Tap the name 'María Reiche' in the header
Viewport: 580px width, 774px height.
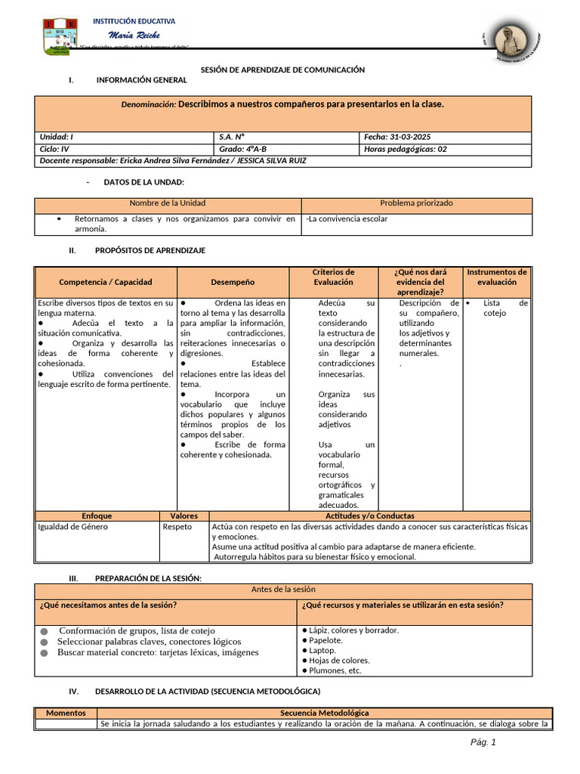pyautogui.click(x=134, y=36)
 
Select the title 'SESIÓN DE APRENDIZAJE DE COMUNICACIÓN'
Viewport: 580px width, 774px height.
pyautogui.click(x=282, y=70)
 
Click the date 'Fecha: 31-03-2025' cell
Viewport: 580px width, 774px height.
pyautogui.click(x=397, y=137)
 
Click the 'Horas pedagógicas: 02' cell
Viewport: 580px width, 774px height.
pyautogui.click(x=406, y=149)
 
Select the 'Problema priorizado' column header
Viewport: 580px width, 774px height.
pyautogui.click(x=416, y=203)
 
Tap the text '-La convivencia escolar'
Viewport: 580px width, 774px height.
pyautogui.click(x=347, y=219)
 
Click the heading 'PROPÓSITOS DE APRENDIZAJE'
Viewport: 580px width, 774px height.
pyautogui.click(x=150, y=250)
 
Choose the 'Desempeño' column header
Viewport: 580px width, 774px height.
pyautogui.click(x=233, y=282)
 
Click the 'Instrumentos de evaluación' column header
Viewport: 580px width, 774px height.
pyautogui.click(x=497, y=277)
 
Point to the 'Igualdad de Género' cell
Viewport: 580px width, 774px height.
pyautogui.click(x=72, y=527)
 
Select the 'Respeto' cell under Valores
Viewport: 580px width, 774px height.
pyautogui.click(x=177, y=527)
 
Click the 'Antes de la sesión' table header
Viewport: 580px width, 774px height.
pyautogui.click(x=282, y=589)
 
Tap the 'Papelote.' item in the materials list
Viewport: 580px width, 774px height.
pyautogui.click(x=325, y=640)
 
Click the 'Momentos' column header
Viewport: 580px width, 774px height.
pyautogui.click(x=66, y=713)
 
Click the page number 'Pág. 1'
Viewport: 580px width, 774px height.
pyautogui.click(x=483, y=742)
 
